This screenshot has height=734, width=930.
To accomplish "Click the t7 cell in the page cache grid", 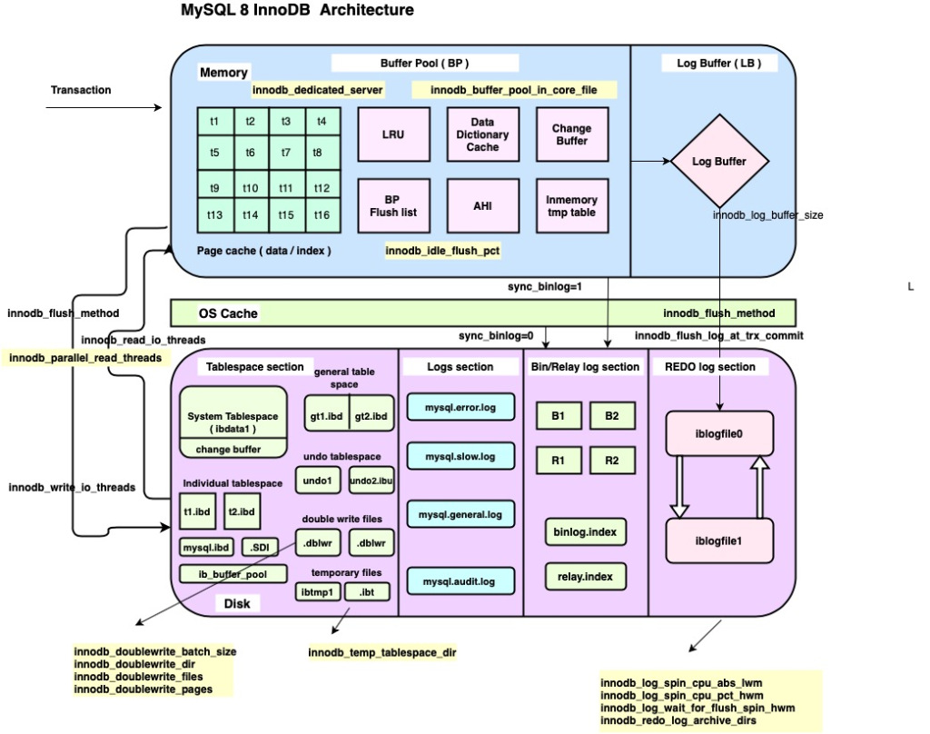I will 286,153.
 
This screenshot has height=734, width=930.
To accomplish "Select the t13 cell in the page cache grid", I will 215,215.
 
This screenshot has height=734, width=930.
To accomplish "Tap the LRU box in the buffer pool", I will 393,134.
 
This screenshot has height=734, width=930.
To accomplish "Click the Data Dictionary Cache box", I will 483,134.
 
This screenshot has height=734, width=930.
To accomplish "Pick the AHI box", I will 482,206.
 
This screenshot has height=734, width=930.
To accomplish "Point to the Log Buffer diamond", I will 719,162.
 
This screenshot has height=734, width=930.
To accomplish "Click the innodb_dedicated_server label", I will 318,90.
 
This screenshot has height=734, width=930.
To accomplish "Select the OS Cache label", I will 228,313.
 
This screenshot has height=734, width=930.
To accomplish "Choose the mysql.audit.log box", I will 460,580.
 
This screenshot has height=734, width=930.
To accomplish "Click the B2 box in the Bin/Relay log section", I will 611,415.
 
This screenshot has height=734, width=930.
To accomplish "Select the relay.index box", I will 585,575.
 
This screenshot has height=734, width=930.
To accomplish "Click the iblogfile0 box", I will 719,433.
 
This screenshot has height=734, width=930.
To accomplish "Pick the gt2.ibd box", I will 371,415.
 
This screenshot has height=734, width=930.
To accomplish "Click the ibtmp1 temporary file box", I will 318,592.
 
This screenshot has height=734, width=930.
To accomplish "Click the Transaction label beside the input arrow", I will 81,90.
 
